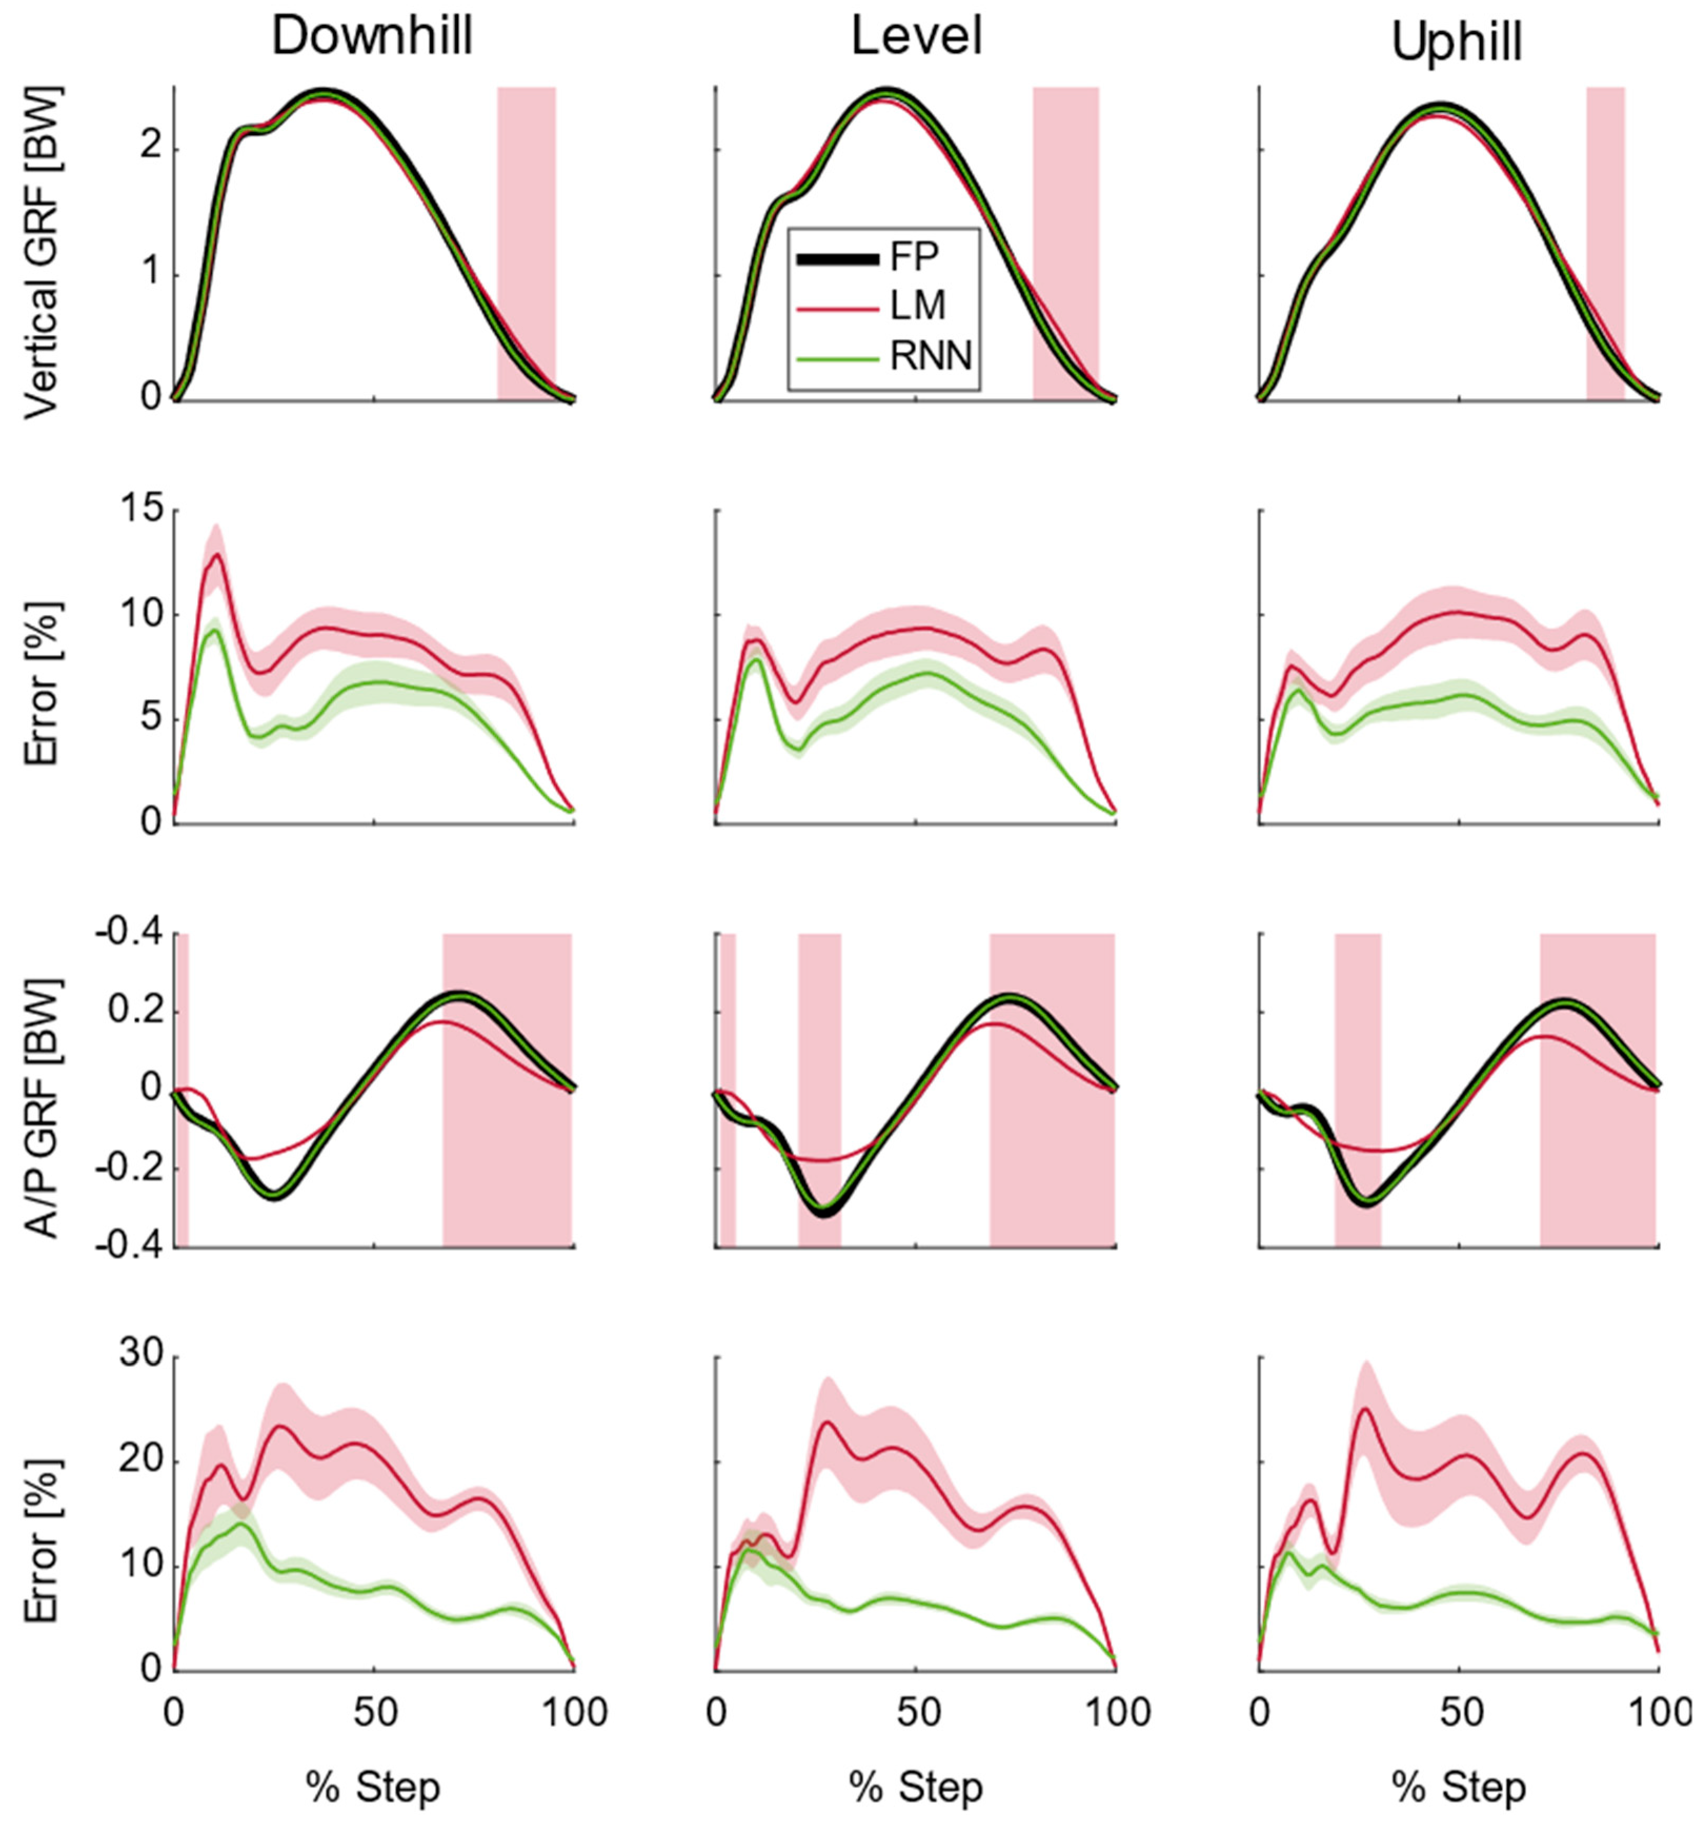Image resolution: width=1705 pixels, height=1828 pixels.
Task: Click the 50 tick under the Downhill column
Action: coord(374,1712)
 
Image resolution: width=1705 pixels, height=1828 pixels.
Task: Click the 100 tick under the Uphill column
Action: coord(1659,1712)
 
